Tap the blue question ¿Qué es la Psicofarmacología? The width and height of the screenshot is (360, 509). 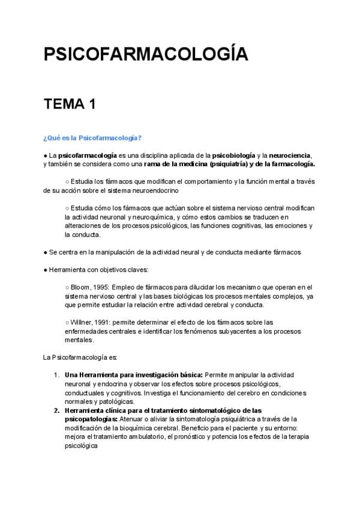point(92,138)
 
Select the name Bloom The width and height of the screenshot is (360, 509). point(81,287)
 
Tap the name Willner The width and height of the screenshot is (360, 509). point(82,322)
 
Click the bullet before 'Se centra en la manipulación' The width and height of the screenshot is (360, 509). point(46,252)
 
